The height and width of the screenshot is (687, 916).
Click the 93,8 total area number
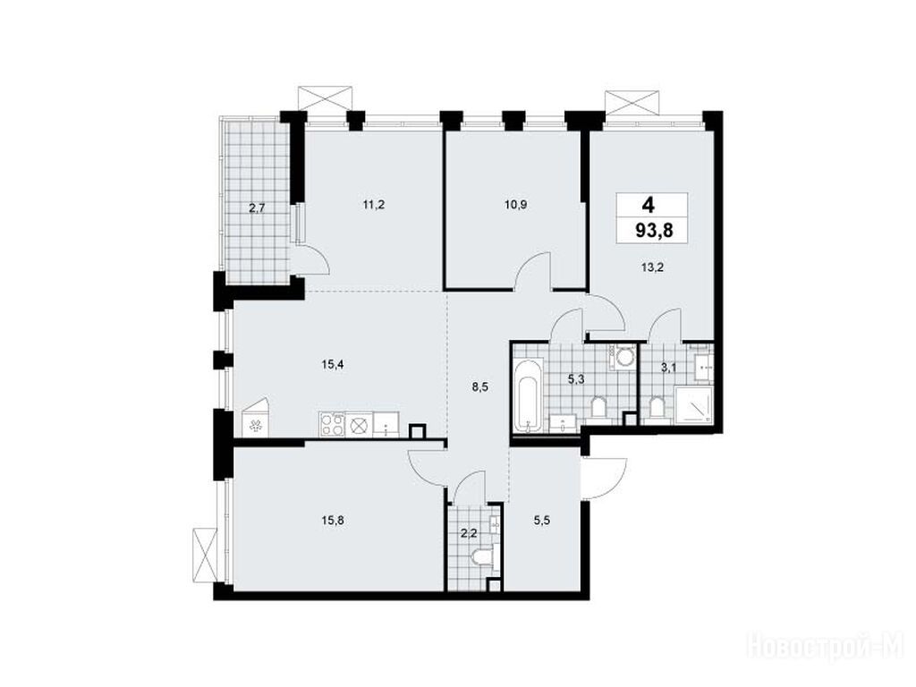click(654, 230)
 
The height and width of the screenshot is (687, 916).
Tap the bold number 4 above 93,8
click(648, 205)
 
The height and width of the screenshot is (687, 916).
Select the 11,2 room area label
click(373, 205)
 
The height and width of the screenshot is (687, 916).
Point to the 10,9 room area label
click(516, 205)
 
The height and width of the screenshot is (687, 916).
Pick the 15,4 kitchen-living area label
click(332, 365)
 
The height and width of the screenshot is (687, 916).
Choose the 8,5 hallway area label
click(479, 386)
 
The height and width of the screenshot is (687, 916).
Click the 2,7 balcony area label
click(258, 207)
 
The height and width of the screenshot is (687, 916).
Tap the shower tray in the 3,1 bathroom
click(693, 404)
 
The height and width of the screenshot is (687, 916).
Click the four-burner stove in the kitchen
click(333, 423)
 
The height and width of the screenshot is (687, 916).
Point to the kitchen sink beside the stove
click(386, 424)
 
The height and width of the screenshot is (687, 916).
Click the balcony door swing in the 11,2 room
click(314, 260)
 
